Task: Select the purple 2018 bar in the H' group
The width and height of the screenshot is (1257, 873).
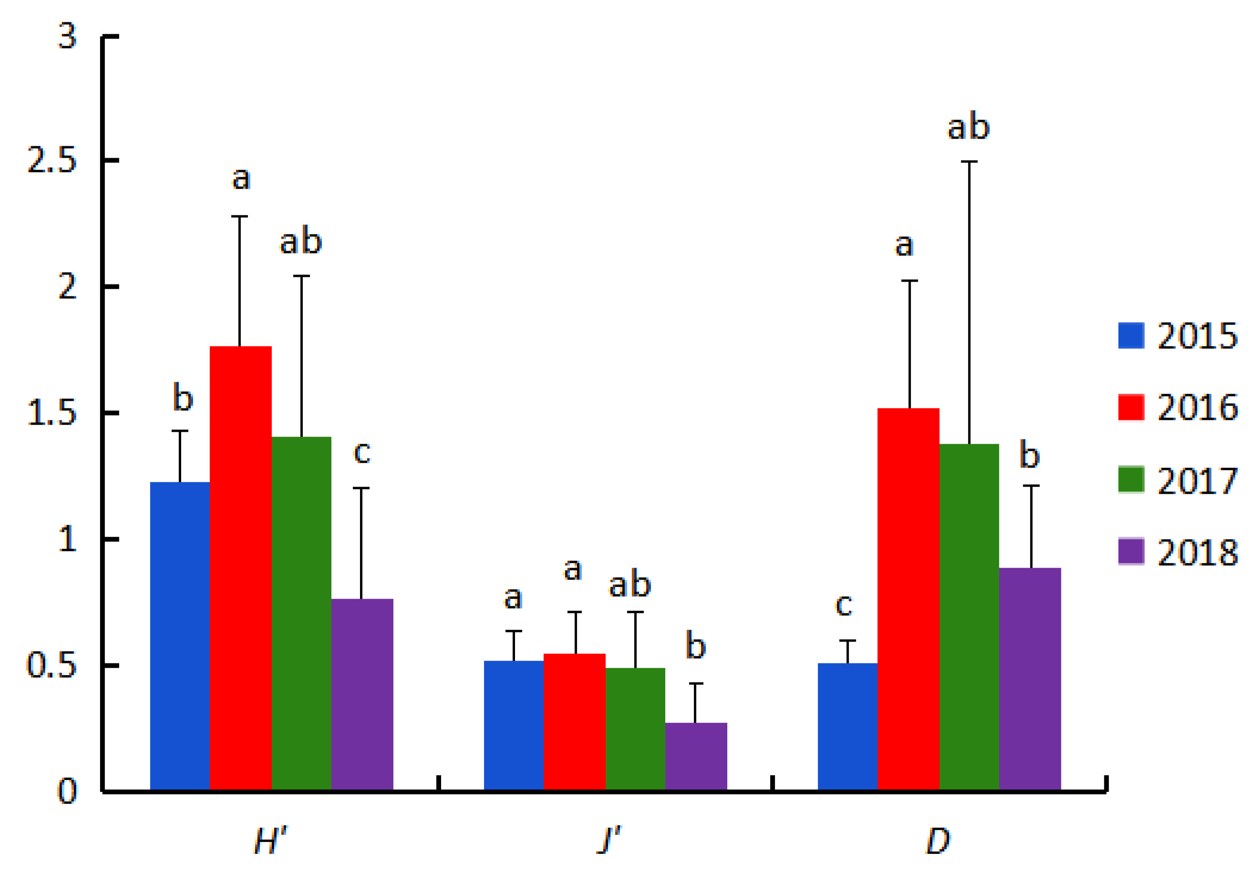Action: click(x=362, y=694)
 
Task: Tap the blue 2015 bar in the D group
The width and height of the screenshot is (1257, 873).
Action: click(x=846, y=727)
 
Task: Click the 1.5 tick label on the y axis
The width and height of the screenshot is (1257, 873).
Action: click(x=52, y=413)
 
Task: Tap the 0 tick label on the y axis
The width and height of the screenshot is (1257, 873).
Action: click(x=67, y=791)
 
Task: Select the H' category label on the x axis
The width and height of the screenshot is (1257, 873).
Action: click(x=270, y=841)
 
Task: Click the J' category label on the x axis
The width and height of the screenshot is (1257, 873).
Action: click(x=609, y=841)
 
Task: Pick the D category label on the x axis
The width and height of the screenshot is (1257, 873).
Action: click(x=938, y=841)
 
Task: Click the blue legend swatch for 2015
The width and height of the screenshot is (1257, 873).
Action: click(x=1131, y=335)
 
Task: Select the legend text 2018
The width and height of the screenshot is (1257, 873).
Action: click(x=1197, y=553)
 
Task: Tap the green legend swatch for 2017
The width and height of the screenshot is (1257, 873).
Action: click(x=1131, y=480)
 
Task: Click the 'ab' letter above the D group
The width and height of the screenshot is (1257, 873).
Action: click(x=968, y=126)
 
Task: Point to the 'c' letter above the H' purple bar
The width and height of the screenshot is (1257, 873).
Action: click(x=362, y=453)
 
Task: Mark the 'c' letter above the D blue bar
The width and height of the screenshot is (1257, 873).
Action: click(x=843, y=605)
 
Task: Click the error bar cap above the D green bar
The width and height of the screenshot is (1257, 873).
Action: click(x=969, y=162)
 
